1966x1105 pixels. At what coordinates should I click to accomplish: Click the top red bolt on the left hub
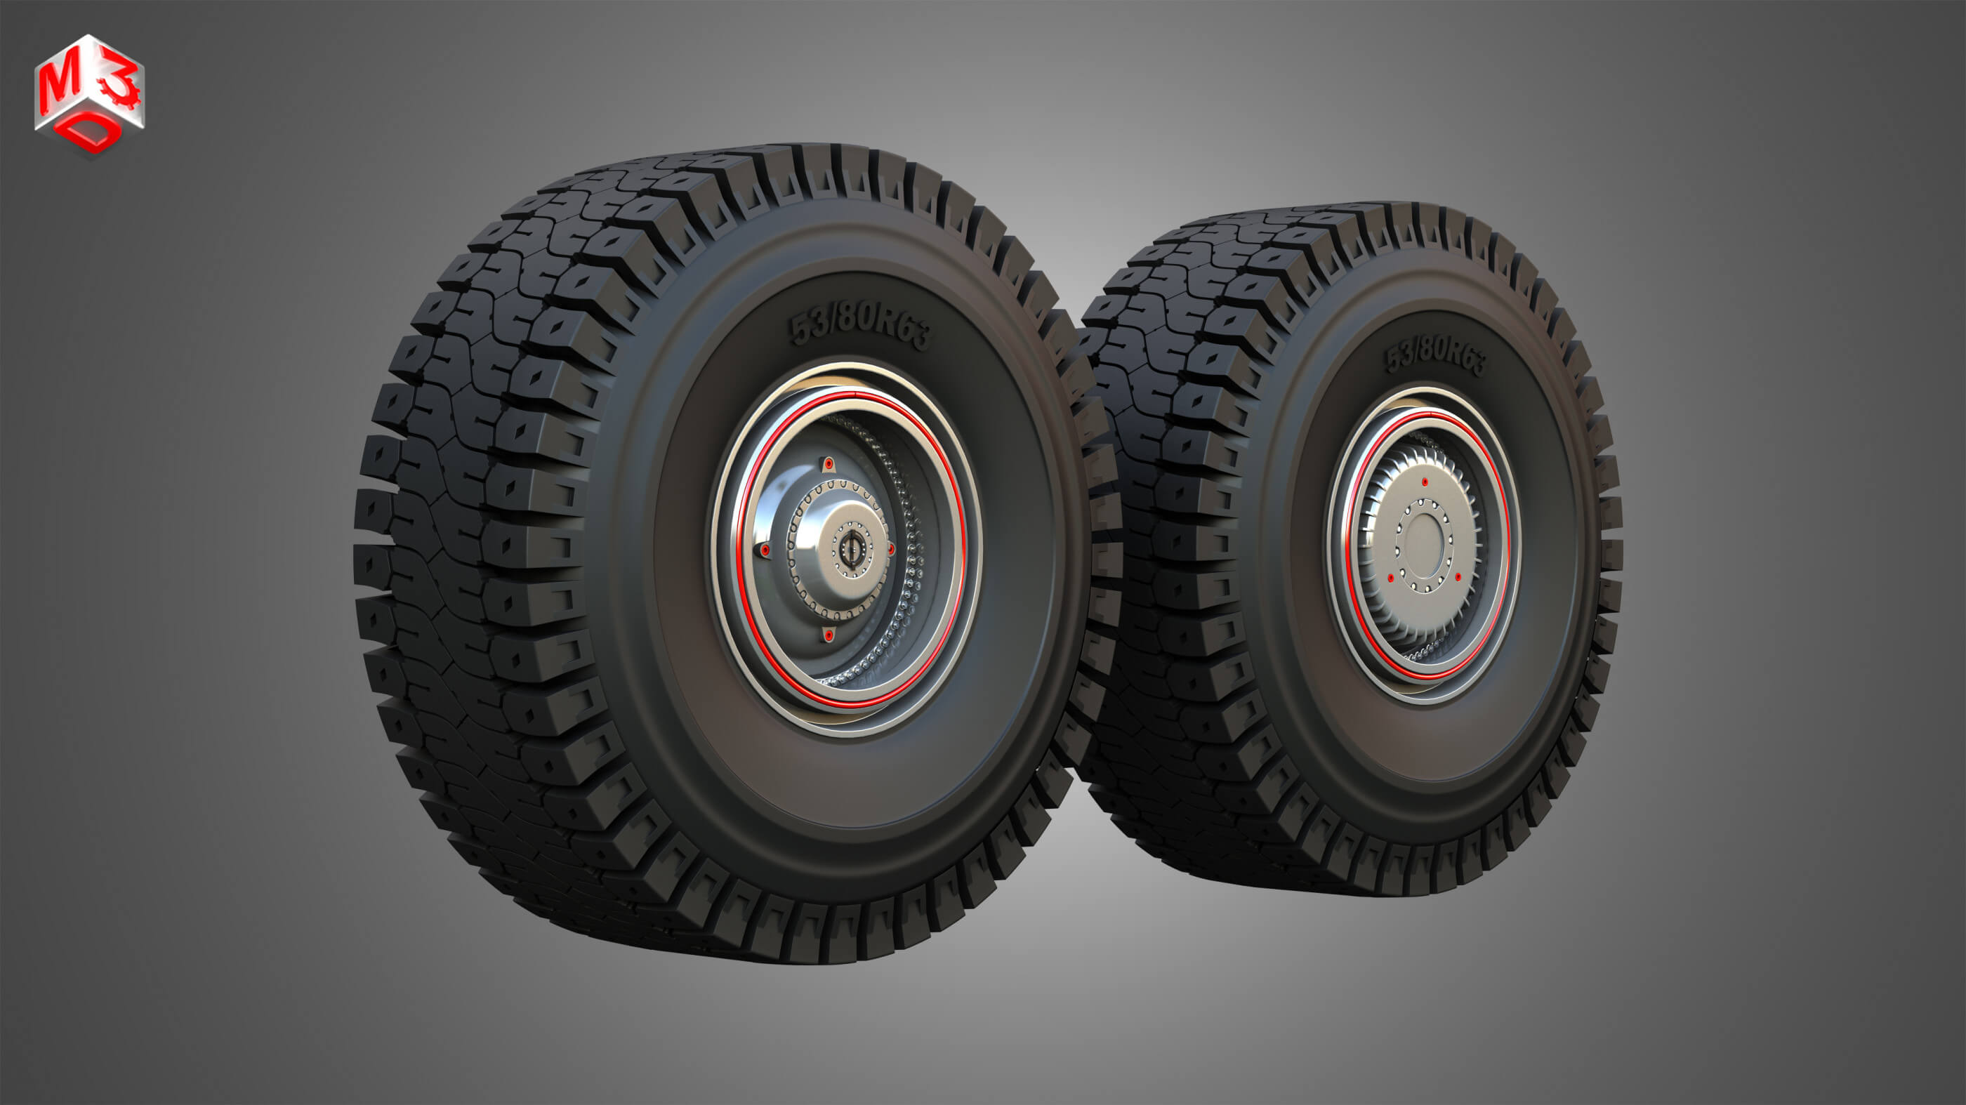point(828,463)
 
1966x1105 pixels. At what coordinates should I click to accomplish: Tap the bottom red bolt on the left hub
point(828,635)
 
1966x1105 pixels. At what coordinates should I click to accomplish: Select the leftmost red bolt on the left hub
point(764,550)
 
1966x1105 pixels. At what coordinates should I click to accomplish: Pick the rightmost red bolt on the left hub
point(890,549)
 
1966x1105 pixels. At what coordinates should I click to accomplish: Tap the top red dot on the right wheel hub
point(1425,482)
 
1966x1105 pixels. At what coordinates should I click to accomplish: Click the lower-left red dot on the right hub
point(1393,578)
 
